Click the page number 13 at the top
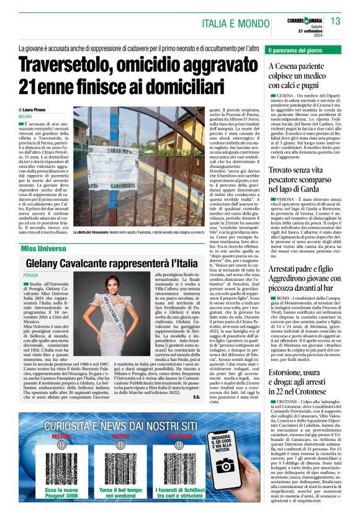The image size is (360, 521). pos(335,21)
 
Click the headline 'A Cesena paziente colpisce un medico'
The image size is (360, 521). pos(304,78)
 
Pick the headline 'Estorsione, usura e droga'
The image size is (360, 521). pos(304,370)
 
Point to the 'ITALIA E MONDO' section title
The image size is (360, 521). pos(236,24)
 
